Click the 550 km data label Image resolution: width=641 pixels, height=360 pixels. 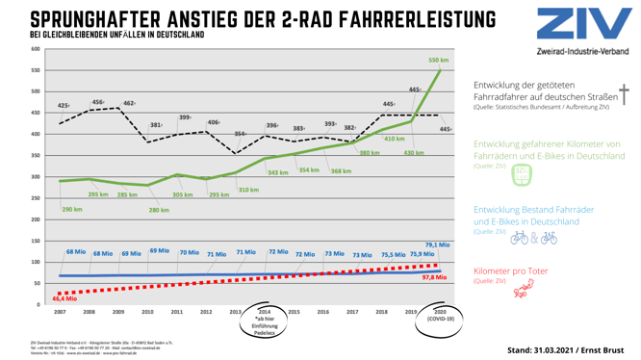pos(438,60)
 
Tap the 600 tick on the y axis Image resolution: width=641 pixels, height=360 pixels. pos(35,49)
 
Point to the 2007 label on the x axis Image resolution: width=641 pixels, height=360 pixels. pos(60,312)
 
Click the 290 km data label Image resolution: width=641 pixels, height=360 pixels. pos(72,209)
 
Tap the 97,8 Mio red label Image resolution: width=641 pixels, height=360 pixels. pos(433,277)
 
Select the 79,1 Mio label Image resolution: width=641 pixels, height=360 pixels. pos(437,244)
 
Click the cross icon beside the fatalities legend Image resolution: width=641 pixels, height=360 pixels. pos(623,93)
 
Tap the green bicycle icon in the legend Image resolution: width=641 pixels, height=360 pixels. pos(521,175)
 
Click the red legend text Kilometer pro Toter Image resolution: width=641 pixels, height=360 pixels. pos(510,271)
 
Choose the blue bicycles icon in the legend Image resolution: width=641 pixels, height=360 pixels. pos(533,236)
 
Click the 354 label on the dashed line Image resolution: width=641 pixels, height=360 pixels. pos(240,134)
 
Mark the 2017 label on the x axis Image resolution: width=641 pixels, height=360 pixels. pos(353,312)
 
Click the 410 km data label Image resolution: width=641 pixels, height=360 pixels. pos(395,139)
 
